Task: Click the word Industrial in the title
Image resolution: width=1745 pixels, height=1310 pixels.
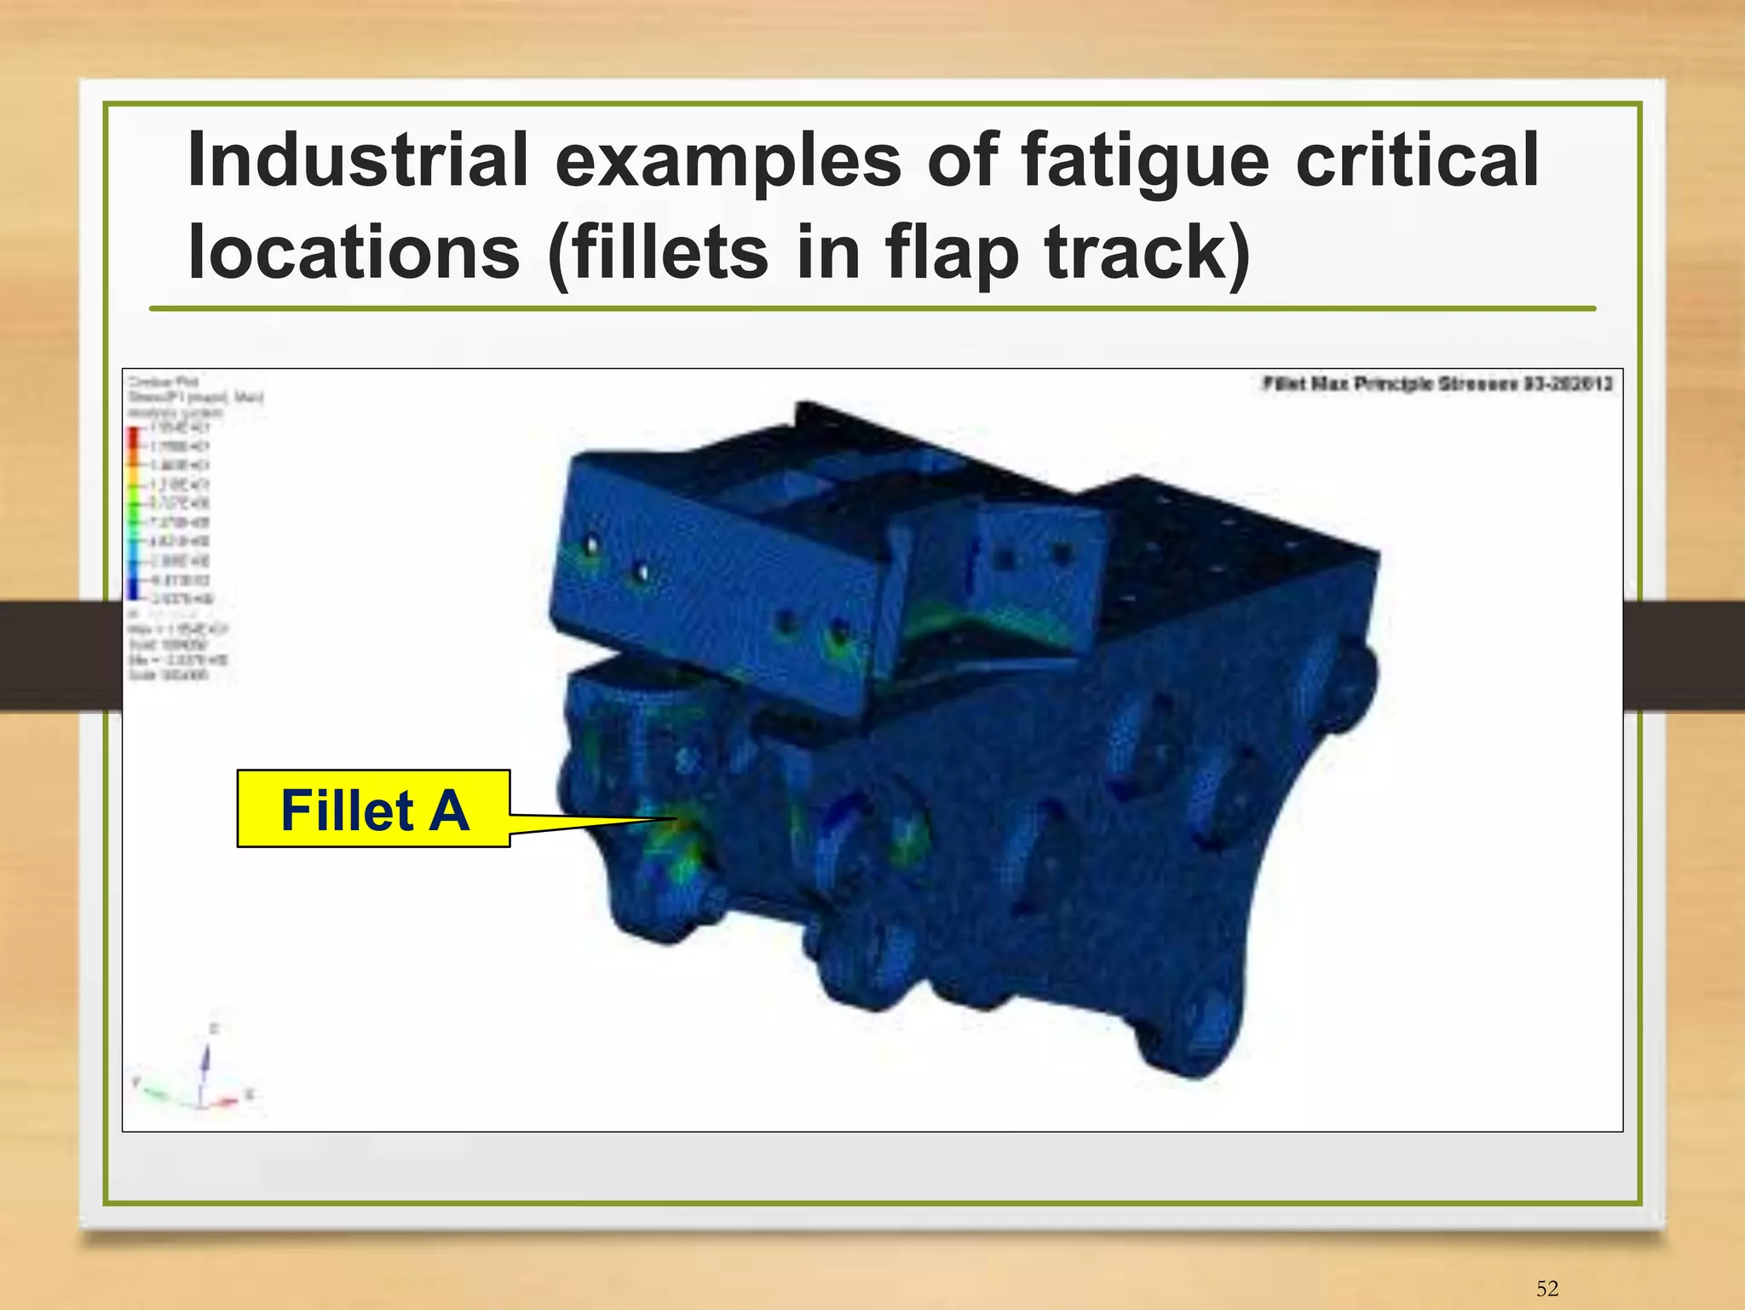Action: point(358,159)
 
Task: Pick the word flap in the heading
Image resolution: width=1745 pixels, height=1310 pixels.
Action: point(952,253)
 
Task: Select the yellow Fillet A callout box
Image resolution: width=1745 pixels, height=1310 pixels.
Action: point(373,809)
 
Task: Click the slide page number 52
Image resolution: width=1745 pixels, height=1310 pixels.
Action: point(1547,1288)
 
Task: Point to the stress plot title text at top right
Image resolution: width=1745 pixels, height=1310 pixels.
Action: point(1437,384)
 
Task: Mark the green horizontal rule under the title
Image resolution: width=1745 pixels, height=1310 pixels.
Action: point(872,309)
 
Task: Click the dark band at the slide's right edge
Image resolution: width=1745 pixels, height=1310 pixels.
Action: point(1684,655)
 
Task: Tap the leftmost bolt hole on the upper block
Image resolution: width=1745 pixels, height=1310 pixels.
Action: point(590,545)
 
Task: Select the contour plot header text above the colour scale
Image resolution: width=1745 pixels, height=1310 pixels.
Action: point(195,396)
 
